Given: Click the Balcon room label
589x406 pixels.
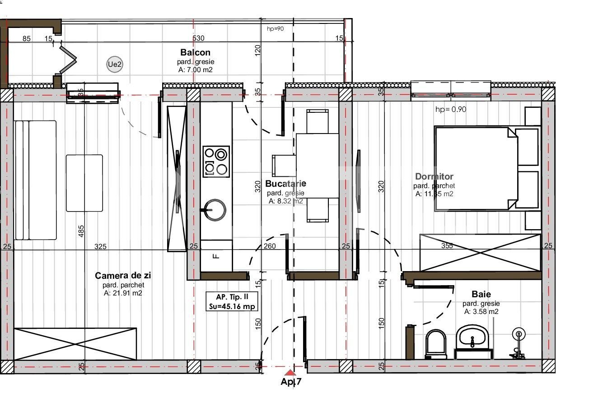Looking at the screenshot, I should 195,53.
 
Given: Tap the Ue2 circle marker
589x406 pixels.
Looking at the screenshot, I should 115,65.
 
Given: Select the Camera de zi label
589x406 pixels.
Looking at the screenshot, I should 123,276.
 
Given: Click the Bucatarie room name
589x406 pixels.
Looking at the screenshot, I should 285,184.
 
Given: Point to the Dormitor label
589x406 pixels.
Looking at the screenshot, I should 434,176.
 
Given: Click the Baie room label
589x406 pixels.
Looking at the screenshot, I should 481,294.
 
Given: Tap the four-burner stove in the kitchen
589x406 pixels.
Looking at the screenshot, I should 216,161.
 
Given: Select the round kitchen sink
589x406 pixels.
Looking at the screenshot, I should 215,210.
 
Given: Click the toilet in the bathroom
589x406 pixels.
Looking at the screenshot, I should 436,344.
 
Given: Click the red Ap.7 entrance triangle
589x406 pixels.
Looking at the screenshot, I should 290,373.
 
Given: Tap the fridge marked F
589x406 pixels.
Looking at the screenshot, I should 216,256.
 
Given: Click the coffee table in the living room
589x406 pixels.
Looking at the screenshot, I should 84,183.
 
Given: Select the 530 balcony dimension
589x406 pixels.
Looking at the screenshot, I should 198,38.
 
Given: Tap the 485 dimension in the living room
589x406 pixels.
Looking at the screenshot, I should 81,231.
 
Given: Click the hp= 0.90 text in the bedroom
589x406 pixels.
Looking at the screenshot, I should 450,109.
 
